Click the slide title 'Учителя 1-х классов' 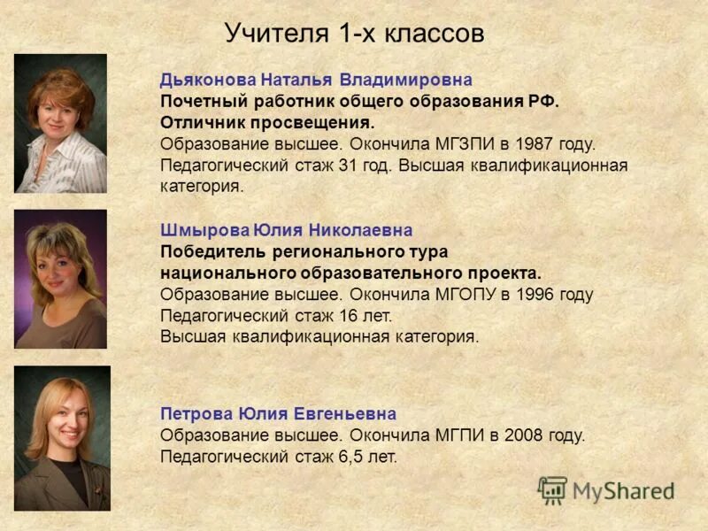point(354,34)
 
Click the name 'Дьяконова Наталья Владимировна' point(316,80)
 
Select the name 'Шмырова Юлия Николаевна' point(286,230)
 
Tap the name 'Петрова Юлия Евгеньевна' point(278,414)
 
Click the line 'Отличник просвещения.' point(267,122)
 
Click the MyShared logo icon point(552,490)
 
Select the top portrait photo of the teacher point(60,123)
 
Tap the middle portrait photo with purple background point(60,279)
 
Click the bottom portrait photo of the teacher point(62,438)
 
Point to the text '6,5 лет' point(368,457)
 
